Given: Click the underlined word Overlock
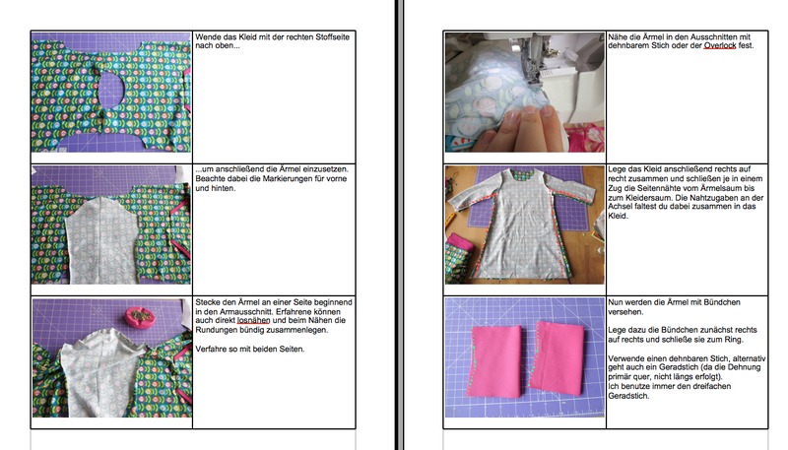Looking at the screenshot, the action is tap(720, 45).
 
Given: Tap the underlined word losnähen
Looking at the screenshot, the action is tap(253, 320).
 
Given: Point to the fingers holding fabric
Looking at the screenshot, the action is tap(518, 128).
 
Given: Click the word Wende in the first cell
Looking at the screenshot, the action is tap(207, 36).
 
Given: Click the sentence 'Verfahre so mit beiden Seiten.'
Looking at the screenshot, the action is tap(250, 349).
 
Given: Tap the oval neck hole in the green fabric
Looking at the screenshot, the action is tap(111, 91).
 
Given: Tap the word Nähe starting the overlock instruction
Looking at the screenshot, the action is tap(617, 36).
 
